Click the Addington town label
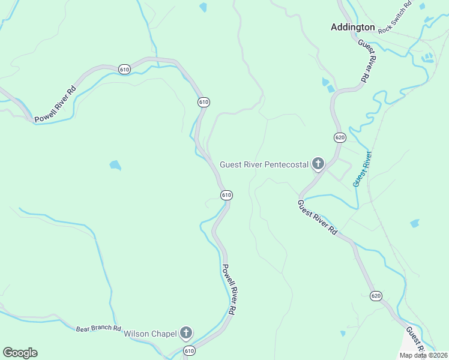[353, 27]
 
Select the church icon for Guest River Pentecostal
[318, 164]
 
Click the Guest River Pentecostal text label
[264, 164]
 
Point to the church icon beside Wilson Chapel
[186, 333]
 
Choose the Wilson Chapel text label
[150, 334]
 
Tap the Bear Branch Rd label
[98, 329]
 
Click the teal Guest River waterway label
[362, 168]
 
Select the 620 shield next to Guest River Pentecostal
[340, 137]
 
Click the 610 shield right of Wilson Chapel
[190, 350]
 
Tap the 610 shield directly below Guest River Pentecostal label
[226, 195]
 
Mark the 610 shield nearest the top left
[124, 69]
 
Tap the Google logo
[20, 353]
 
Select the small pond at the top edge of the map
[203, 7]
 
